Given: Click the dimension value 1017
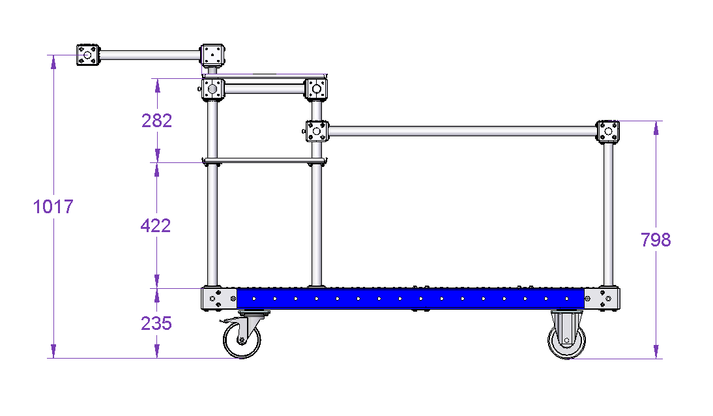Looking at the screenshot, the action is coord(53,207).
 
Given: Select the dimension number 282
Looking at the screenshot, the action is coord(157,121).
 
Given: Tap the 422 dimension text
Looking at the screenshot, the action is coord(156,226).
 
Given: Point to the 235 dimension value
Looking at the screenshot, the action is coord(156,323).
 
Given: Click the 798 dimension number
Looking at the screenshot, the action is coord(656,240).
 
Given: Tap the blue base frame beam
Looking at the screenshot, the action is coord(410,299).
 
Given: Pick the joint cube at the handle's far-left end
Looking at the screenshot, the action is coord(88,55).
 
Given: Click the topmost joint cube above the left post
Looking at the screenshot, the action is coord(212,55).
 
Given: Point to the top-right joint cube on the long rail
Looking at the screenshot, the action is coord(608,132).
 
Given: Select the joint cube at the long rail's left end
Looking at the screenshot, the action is coord(317,131).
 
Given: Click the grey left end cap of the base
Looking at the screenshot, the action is coord(219,299).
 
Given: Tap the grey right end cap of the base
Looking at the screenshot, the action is coord(602,299).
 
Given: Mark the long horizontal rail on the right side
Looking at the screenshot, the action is coord(463,132).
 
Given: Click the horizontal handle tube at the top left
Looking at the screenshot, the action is coord(150,55).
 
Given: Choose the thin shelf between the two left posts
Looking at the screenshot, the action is coord(265,160).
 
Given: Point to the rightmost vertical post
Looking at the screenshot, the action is coord(608,215).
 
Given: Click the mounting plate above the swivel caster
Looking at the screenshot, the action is coord(254,313).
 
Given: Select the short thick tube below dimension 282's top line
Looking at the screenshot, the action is coord(265,89).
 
